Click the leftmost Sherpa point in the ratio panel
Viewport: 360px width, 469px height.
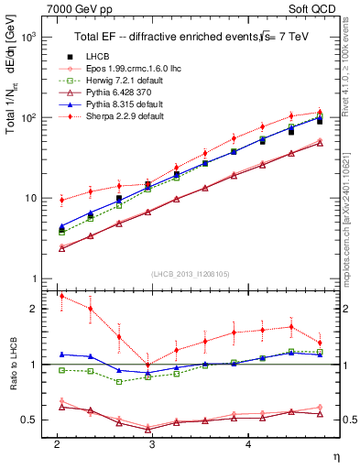[x=61, y=296]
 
